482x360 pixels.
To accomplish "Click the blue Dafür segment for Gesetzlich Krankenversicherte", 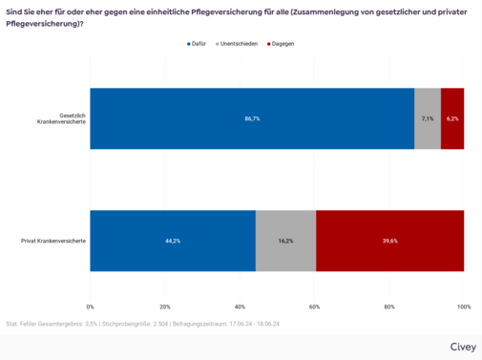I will [252, 118].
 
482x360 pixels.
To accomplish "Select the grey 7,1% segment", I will [428, 118].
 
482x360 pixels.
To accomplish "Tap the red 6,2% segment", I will [452, 118].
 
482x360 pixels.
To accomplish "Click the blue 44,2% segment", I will [173, 241].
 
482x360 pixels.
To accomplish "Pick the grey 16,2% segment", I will [285, 241].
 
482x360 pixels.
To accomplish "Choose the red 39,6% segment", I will [389, 241].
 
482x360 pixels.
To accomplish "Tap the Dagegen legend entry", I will [285, 44].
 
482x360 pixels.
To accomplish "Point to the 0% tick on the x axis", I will [91, 307].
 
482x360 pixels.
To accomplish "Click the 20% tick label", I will [165, 307].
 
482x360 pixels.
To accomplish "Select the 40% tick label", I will [240, 307].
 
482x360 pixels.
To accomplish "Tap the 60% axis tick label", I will [315, 307].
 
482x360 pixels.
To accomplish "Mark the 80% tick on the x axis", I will [389, 307].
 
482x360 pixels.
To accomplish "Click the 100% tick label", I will [463, 307].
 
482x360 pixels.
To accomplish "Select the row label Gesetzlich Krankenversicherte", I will [59, 118].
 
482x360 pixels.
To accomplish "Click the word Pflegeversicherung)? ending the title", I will [45, 22].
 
